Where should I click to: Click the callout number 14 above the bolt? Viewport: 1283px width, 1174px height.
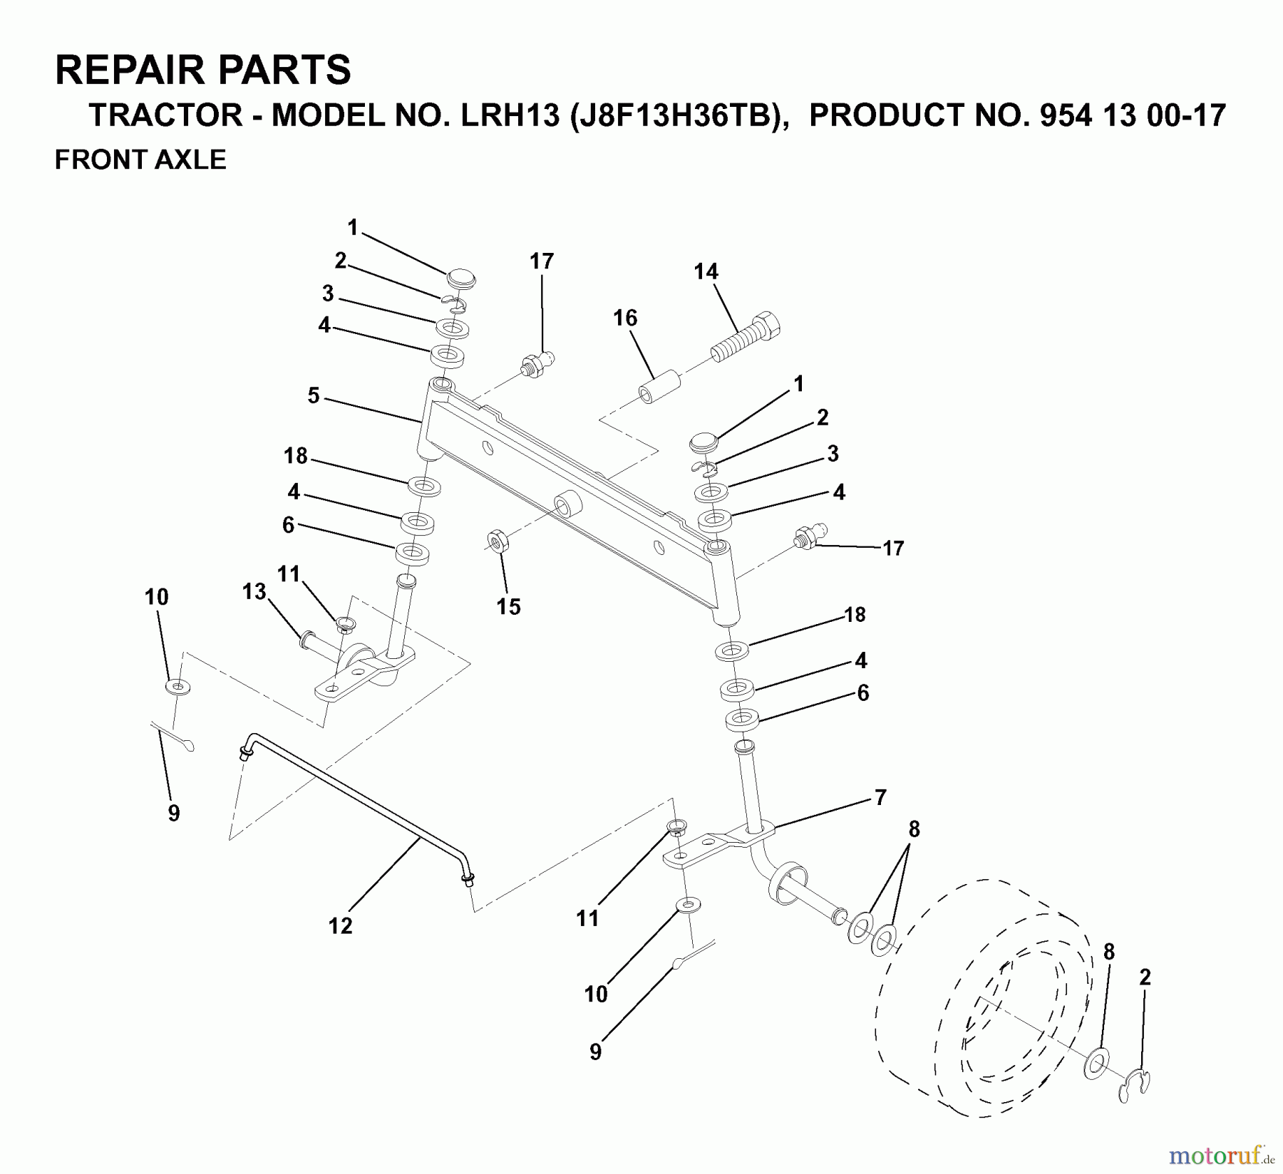(706, 271)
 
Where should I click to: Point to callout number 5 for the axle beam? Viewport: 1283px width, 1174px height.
(314, 395)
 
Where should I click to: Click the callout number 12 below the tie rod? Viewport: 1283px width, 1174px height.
(341, 925)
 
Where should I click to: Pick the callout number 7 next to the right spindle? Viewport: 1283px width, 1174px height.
(880, 797)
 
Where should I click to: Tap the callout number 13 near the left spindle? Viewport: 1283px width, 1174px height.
(254, 591)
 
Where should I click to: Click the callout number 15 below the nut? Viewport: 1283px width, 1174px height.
(509, 606)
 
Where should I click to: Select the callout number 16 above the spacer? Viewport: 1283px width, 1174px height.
(625, 318)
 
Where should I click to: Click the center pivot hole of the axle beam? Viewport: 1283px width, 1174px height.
(568, 505)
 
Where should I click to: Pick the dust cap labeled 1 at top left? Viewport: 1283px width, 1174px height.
(461, 278)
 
